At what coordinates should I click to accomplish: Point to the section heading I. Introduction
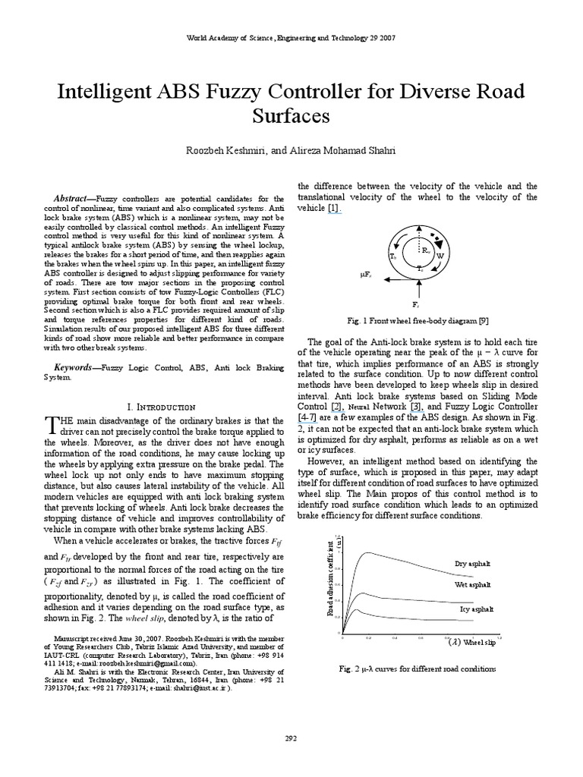point(162,407)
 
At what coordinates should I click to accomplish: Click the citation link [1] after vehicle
point(334,207)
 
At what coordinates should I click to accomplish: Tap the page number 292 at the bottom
point(291,738)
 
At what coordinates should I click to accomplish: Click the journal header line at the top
point(291,37)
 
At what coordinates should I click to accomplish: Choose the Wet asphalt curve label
point(473,585)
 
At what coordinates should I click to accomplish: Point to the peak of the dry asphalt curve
point(368,552)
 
